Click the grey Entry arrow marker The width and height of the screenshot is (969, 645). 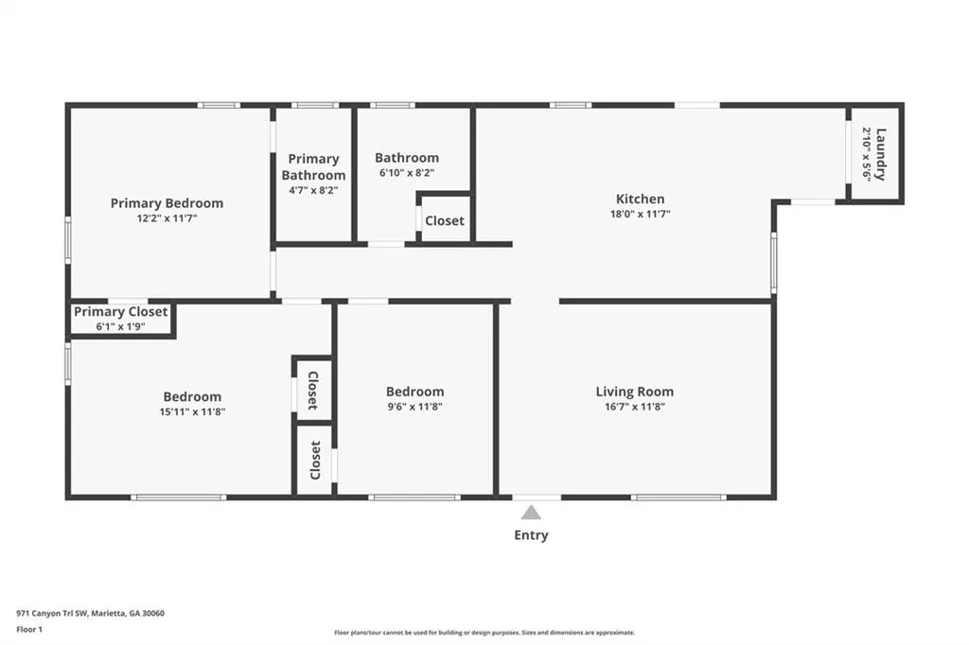(x=531, y=513)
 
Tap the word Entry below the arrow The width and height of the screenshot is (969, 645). (x=531, y=535)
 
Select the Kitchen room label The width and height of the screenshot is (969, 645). (x=641, y=199)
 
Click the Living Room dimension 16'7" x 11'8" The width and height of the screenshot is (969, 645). (x=635, y=407)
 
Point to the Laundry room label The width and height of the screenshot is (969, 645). (x=881, y=154)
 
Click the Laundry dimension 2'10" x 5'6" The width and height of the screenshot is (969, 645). (x=867, y=154)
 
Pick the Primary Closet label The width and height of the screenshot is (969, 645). (x=120, y=312)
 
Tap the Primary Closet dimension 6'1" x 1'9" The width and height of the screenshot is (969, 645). (x=120, y=327)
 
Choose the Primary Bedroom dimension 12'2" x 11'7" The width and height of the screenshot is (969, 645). (x=167, y=218)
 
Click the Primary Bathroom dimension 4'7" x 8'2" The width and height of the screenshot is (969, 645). (x=313, y=190)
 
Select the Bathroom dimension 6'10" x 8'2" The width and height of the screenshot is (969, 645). (x=407, y=173)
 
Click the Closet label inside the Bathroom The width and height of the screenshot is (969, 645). (x=445, y=220)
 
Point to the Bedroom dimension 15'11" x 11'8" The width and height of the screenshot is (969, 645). (x=192, y=411)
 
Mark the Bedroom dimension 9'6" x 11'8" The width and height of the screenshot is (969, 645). (x=414, y=407)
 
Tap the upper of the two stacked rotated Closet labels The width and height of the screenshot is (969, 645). (x=313, y=391)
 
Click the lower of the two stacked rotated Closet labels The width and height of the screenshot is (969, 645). (x=315, y=461)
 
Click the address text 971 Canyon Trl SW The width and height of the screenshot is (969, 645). (x=52, y=614)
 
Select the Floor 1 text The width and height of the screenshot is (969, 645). (x=29, y=630)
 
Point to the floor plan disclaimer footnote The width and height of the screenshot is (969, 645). (x=484, y=633)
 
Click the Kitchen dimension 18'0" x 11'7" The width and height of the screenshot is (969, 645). (x=641, y=214)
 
